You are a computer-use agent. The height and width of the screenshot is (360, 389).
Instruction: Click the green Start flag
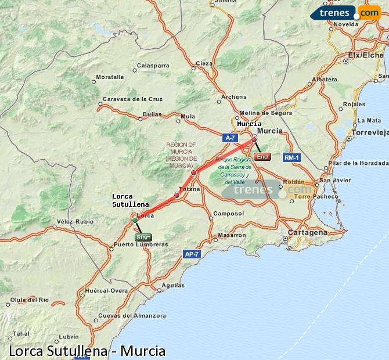point(143,237)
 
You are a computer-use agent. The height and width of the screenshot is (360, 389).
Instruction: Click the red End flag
point(262,156)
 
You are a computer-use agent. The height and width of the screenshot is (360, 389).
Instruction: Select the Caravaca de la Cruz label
point(132,99)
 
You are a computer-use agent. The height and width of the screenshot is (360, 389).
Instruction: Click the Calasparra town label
point(153,66)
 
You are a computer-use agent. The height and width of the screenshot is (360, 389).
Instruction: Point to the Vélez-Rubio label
point(75,221)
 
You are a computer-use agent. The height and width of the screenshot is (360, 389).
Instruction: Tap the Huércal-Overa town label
point(106,290)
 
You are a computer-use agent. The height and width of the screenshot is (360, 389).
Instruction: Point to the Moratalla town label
point(110,77)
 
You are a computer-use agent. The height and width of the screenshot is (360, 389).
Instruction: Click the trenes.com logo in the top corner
point(346,12)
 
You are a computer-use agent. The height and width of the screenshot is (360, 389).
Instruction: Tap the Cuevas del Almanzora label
point(132,315)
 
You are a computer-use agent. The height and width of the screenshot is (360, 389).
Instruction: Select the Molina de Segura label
point(265,113)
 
